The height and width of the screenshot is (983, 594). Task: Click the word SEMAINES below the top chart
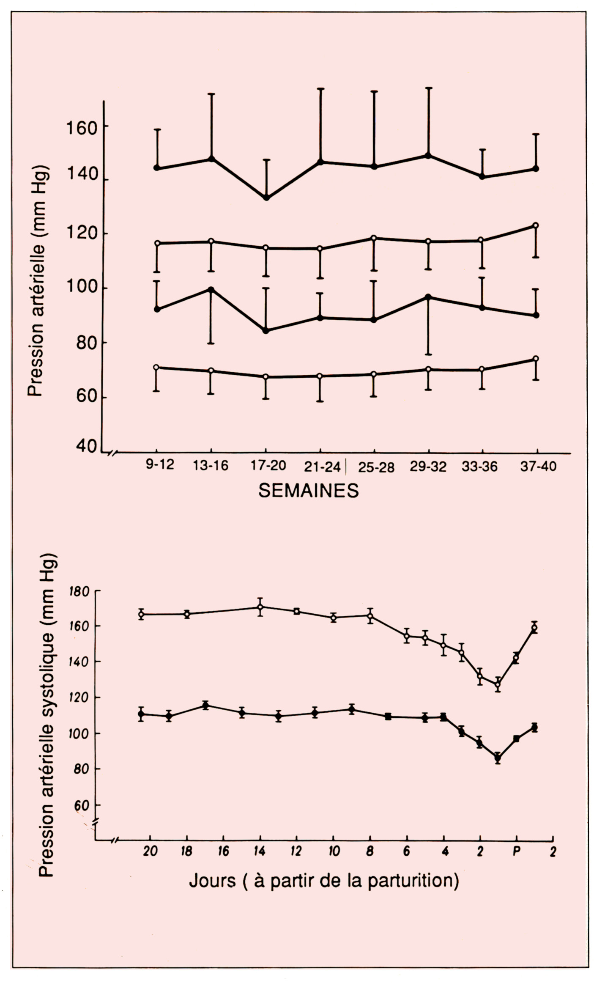click(x=308, y=491)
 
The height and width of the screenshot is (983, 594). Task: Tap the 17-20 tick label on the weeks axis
click(x=268, y=466)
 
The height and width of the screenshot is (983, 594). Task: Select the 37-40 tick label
click(x=538, y=466)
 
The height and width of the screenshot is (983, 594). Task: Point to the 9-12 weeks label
click(x=160, y=465)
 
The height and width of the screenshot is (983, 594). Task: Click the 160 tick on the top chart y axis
click(x=82, y=127)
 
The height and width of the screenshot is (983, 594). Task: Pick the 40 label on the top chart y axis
click(x=87, y=447)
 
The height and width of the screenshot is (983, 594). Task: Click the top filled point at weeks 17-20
click(x=266, y=198)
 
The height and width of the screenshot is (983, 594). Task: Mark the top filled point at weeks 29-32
click(x=428, y=156)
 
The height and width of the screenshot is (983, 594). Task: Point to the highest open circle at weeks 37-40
click(x=535, y=225)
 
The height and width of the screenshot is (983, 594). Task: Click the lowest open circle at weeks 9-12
click(x=156, y=367)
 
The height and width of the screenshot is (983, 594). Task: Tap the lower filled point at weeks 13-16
click(x=211, y=290)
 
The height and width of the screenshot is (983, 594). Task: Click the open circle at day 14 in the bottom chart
click(x=260, y=607)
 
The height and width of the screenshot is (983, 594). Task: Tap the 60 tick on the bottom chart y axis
click(x=82, y=806)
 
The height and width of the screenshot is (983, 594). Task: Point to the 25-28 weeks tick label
click(x=376, y=467)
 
